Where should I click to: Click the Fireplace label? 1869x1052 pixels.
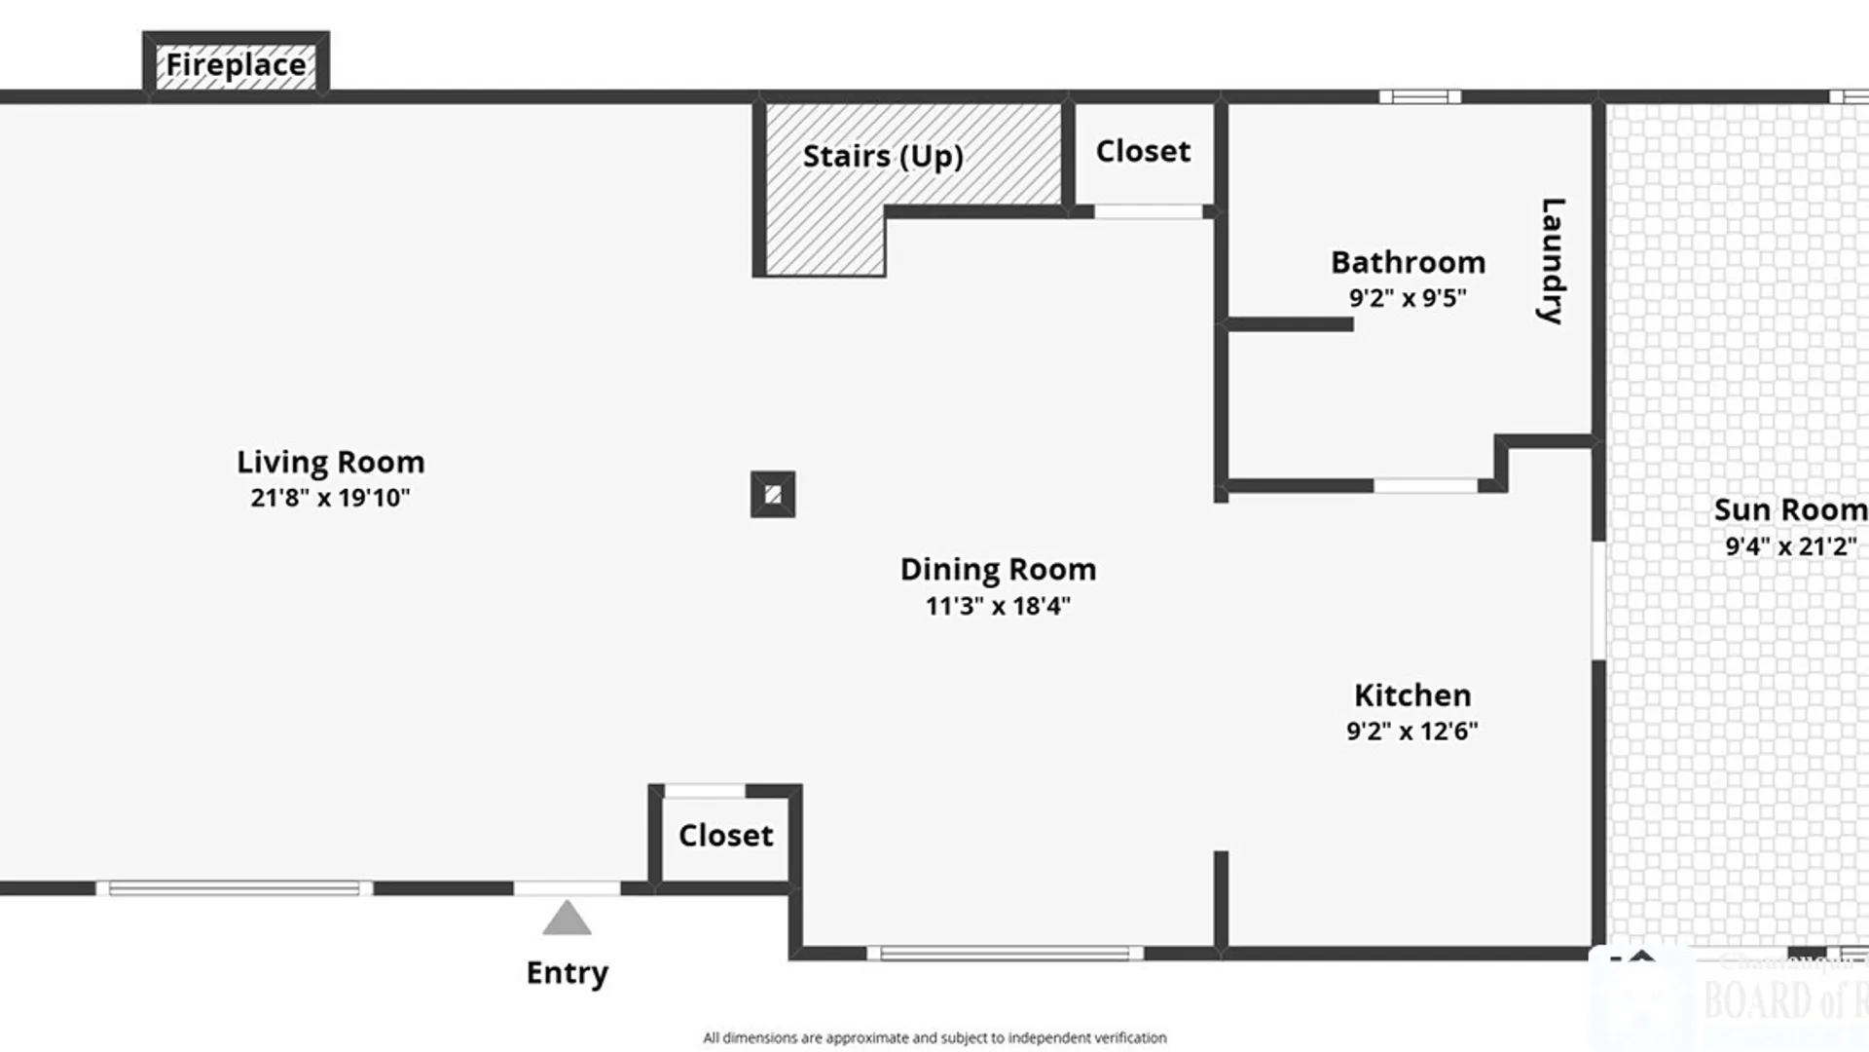[x=236, y=64]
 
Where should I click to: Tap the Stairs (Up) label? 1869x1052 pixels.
[x=882, y=156]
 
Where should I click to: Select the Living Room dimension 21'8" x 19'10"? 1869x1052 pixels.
[x=330, y=498]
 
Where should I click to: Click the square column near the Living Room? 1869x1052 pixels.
[x=773, y=495]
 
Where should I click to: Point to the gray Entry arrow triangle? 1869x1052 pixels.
[x=567, y=920]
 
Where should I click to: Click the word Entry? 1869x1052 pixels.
[x=567, y=972]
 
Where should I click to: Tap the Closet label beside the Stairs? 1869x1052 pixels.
[x=1143, y=151]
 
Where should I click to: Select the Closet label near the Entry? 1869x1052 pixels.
[x=725, y=835]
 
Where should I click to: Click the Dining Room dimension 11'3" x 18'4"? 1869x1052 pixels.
[x=998, y=606]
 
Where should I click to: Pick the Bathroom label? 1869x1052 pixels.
[x=1408, y=262]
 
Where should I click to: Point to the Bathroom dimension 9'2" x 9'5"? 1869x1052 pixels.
[x=1408, y=298]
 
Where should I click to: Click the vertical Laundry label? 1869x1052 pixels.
[x=1552, y=261]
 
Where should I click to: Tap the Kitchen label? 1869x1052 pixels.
[x=1412, y=695]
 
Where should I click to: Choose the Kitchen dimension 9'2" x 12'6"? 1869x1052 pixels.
[x=1411, y=731]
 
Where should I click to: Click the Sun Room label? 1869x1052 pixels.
[x=1789, y=509]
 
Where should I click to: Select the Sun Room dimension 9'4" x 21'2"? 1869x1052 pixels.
[x=1790, y=545]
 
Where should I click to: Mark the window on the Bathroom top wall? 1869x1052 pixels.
[x=1419, y=96]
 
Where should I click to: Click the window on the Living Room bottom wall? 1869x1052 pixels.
[x=234, y=888]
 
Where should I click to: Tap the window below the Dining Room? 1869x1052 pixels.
[x=1005, y=954]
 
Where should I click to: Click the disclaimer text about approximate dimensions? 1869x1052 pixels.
[x=934, y=1037]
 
